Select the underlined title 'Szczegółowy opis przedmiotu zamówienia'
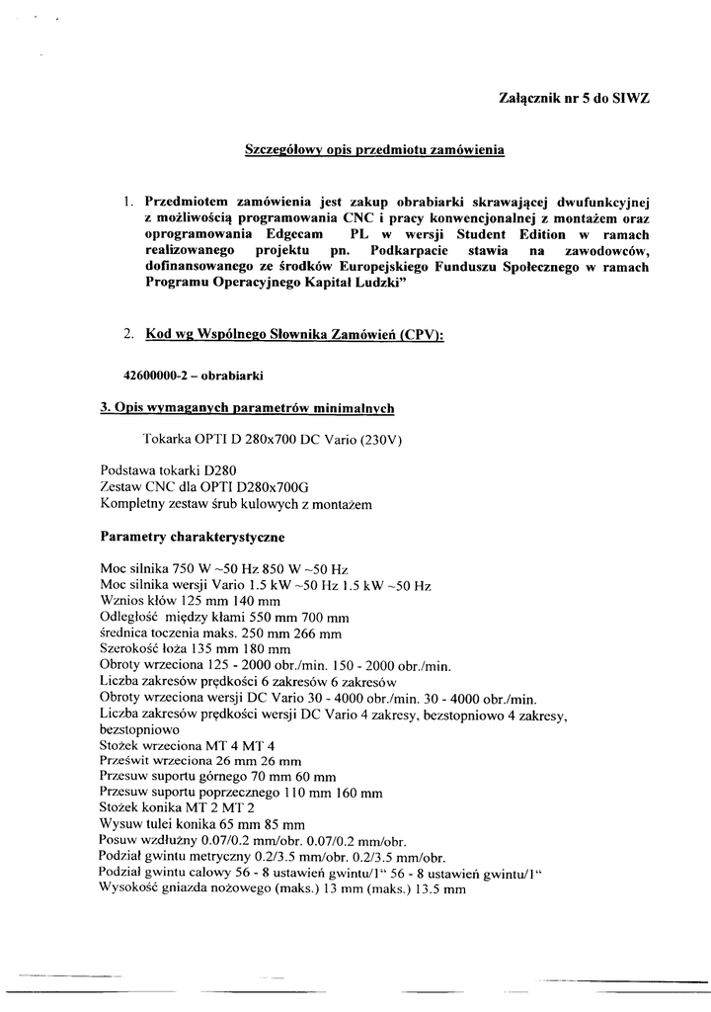(x=374, y=151)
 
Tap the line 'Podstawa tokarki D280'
(x=168, y=471)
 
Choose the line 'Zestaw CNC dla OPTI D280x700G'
(x=204, y=488)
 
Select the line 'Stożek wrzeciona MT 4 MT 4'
(x=188, y=744)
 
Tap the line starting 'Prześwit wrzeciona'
(x=200, y=760)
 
